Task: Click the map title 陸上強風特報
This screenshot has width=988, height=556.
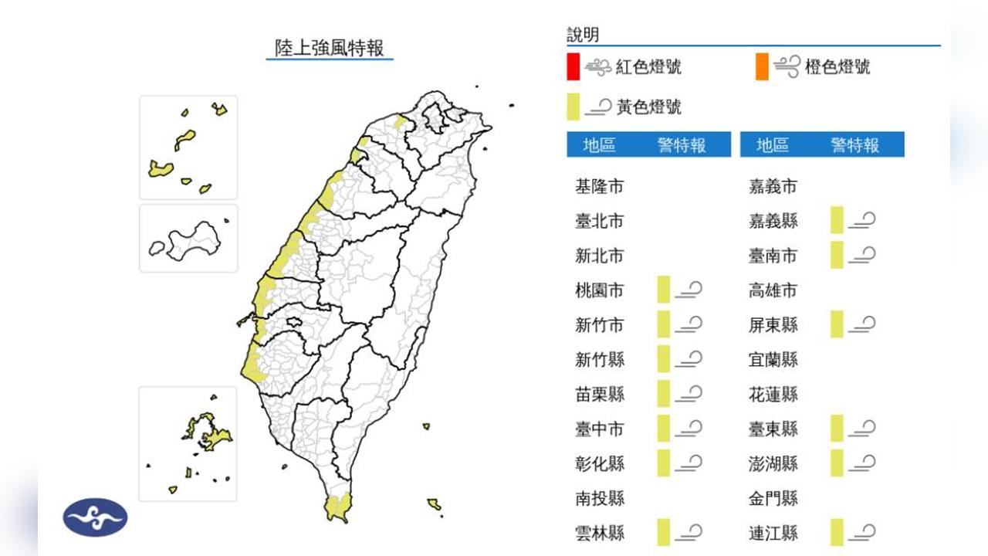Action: click(330, 48)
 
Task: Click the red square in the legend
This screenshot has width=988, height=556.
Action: click(573, 66)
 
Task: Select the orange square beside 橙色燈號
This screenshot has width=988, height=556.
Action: click(762, 66)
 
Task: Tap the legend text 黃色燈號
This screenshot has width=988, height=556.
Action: click(649, 107)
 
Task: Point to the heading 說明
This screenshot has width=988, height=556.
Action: click(583, 35)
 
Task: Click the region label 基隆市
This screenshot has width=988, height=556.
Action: click(600, 186)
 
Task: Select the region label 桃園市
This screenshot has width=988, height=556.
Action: click(600, 290)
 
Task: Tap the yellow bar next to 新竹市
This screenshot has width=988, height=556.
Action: click(663, 324)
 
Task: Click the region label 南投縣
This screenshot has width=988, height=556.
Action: click(600, 498)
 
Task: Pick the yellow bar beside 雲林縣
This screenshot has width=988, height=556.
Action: click(663, 532)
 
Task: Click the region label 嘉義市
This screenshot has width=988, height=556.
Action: click(773, 186)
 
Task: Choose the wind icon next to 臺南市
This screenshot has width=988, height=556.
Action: click(861, 255)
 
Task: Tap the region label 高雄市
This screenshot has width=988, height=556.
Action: click(773, 290)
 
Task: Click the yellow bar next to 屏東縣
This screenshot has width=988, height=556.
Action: click(837, 324)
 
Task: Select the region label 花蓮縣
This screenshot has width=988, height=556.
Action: click(773, 394)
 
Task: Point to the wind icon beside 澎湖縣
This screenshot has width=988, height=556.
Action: click(861, 463)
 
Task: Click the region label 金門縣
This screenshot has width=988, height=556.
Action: click(773, 498)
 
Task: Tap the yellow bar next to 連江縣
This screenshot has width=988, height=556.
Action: click(837, 532)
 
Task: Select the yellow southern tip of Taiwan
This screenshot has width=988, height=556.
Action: click(337, 508)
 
